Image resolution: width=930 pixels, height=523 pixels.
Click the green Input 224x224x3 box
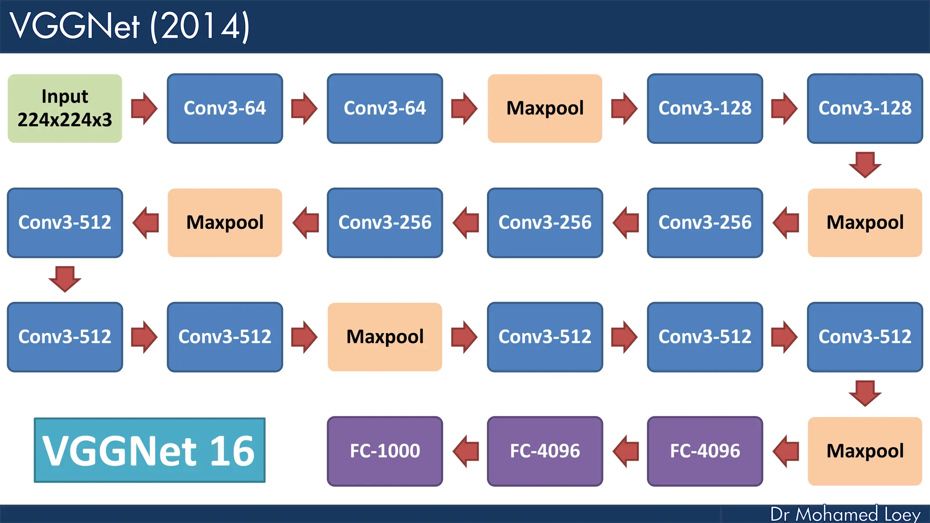point(65,109)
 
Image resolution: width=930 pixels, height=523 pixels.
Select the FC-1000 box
point(385,451)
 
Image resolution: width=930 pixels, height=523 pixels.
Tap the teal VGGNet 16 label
point(149,450)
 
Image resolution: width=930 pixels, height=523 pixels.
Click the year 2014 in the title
point(200,26)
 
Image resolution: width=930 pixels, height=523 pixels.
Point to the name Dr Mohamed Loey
point(845,514)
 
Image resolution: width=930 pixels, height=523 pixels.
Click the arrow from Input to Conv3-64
point(144,109)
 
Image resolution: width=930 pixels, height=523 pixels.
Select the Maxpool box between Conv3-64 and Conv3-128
point(545,109)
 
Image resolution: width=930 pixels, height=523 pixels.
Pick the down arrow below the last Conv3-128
point(865,165)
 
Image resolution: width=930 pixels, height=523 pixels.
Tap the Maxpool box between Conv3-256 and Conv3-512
point(225,222)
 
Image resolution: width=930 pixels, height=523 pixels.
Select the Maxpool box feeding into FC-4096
point(865,451)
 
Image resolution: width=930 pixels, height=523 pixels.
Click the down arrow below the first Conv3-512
point(65,279)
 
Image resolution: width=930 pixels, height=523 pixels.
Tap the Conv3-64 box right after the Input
point(225,109)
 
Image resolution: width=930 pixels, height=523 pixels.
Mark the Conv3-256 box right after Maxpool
point(705,222)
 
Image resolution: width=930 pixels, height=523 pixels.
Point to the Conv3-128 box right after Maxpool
point(705,109)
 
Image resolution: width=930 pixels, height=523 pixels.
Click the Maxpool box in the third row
point(385,337)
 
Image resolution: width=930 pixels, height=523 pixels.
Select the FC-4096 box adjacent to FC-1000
point(545,451)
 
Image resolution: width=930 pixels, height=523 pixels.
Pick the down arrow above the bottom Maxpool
point(865,393)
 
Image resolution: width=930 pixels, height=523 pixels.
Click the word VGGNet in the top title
point(75,26)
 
